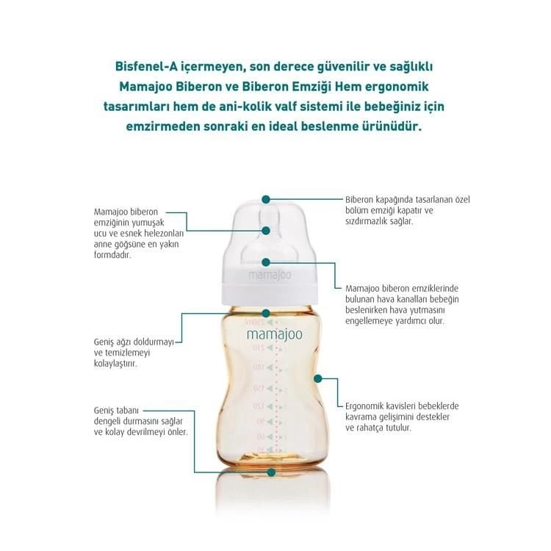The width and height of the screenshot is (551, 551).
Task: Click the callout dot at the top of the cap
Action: click(267, 199)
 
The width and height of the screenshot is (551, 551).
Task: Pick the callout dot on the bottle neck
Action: click(267, 313)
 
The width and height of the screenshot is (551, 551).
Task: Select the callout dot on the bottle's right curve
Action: click(317, 378)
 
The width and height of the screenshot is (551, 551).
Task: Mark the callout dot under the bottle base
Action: click(272, 474)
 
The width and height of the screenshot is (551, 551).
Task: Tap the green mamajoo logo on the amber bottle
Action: click(274, 334)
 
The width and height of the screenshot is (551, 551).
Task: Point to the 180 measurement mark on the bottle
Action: click(259, 367)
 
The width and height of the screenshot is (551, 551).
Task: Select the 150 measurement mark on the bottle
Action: click(259, 386)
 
